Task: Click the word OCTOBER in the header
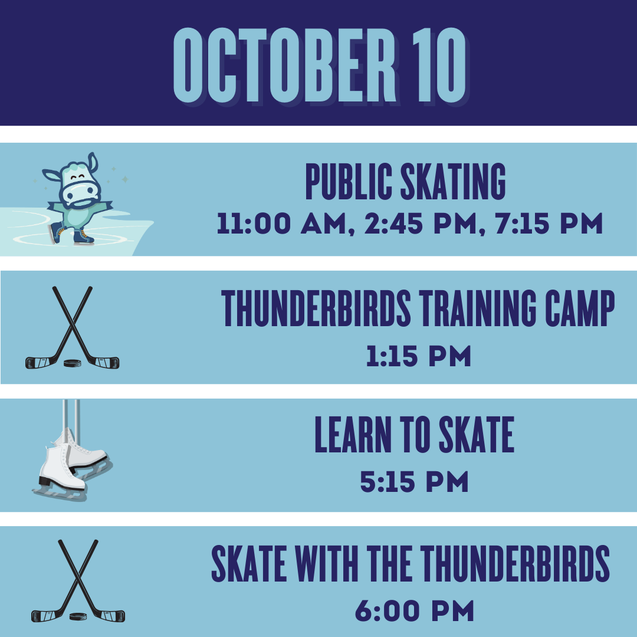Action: click(284, 65)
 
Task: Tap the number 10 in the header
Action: click(439, 65)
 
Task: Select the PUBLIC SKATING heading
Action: click(405, 182)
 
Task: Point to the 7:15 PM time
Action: click(549, 224)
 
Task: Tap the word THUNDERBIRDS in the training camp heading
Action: click(316, 308)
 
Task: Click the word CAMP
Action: click(580, 308)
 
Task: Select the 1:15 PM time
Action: click(418, 356)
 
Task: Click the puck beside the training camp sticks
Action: click(73, 363)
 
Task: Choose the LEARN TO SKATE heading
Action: click(415, 434)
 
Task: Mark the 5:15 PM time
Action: click(415, 482)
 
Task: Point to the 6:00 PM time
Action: click(415, 610)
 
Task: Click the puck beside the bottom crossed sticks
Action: click(78, 617)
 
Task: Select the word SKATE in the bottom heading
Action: click(249, 564)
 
